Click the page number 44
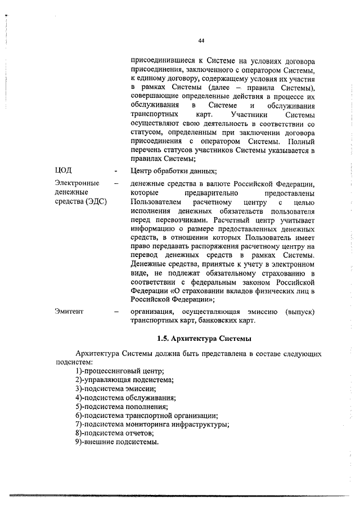[201, 40]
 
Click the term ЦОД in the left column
[64, 170]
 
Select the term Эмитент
[70, 311]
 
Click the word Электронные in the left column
[77, 183]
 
